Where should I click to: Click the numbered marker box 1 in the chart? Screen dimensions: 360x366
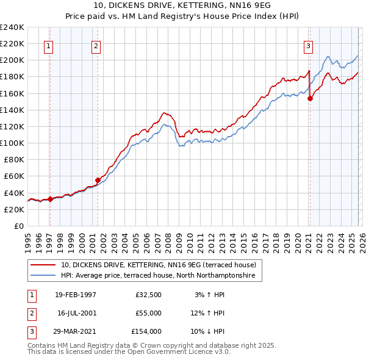pos(48,45)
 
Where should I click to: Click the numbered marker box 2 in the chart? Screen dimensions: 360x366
pos(96,45)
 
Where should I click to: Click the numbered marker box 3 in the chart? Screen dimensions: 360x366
pos(309,45)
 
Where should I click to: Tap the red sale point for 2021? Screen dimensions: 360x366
pos(310,98)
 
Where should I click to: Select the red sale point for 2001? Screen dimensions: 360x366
pos(98,180)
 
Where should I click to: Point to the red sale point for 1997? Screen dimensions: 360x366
pos(51,199)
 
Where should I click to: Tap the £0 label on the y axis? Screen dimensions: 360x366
pos(20,226)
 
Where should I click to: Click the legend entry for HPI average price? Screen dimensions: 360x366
pos(161,276)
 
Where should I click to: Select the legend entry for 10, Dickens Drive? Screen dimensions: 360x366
pos(162,265)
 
